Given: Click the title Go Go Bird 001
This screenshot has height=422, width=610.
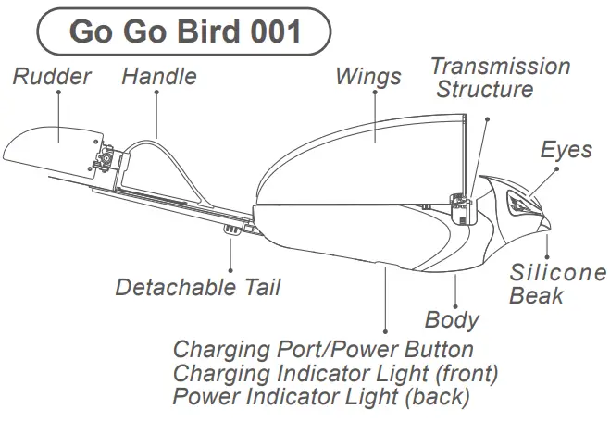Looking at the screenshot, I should click(185, 31).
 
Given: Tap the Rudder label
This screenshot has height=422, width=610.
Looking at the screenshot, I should click(52, 76).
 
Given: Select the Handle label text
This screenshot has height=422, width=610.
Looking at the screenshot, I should click(159, 76).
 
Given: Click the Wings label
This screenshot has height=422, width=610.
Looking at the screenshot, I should click(368, 75).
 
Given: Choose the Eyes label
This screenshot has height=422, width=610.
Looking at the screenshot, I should click(566, 150).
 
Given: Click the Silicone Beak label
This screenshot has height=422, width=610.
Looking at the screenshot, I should click(558, 284).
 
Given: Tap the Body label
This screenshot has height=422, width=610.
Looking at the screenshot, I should click(452, 320).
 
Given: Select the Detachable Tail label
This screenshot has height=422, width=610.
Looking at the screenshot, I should click(197, 287).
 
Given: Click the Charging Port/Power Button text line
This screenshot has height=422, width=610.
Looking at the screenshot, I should click(323, 350).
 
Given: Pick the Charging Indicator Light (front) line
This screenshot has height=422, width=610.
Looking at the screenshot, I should click(335, 374).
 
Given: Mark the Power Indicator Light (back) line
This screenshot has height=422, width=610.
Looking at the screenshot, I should click(321, 398).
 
